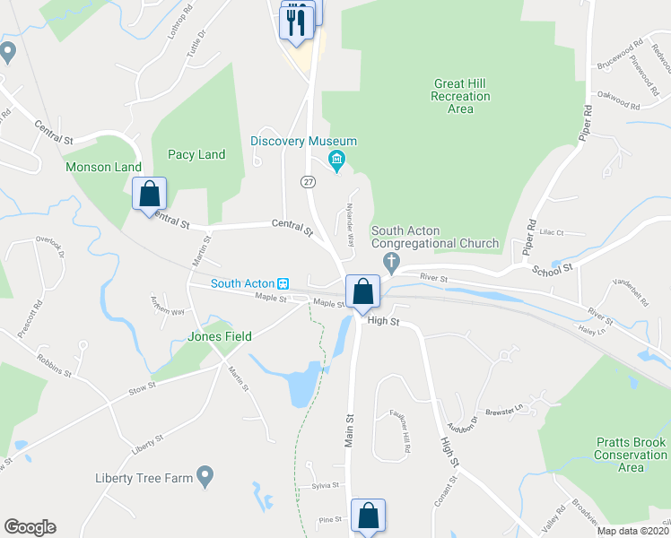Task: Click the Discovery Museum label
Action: click(x=303, y=142)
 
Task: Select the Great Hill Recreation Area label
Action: click(x=460, y=96)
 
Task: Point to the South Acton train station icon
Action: click(x=283, y=283)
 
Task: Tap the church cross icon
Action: click(x=390, y=262)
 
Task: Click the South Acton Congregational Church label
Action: click(x=434, y=237)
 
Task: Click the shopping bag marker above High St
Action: click(x=362, y=291)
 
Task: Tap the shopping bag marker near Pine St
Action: click(x=368, y=516)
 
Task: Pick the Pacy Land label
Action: click(x=196, y=154)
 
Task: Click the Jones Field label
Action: click(x=219, y=336)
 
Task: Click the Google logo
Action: click(x=30, y=527)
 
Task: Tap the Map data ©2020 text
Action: click(x=633, y=531)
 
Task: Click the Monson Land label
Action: click(x=103, y=167)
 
